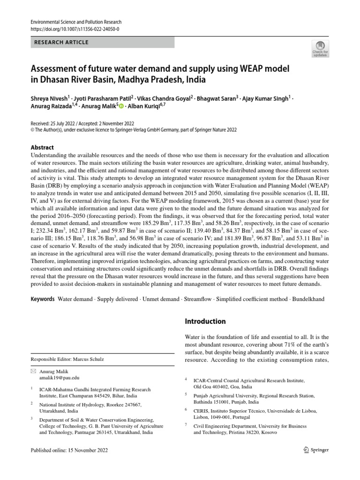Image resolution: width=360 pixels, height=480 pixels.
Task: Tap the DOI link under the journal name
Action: [75, 29]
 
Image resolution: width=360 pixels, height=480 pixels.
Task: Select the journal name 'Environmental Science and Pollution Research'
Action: [75, 22]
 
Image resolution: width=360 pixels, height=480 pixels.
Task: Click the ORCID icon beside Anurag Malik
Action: [122, 107]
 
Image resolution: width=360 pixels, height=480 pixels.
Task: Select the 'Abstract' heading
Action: [42, 147]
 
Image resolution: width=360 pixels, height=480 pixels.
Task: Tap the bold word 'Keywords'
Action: [43, 299]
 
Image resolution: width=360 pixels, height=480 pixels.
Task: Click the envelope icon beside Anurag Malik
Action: [32, 371]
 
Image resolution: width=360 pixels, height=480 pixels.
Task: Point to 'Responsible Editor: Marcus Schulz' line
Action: [67, 359]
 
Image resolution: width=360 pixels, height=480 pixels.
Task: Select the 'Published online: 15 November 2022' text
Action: [69, 450]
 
